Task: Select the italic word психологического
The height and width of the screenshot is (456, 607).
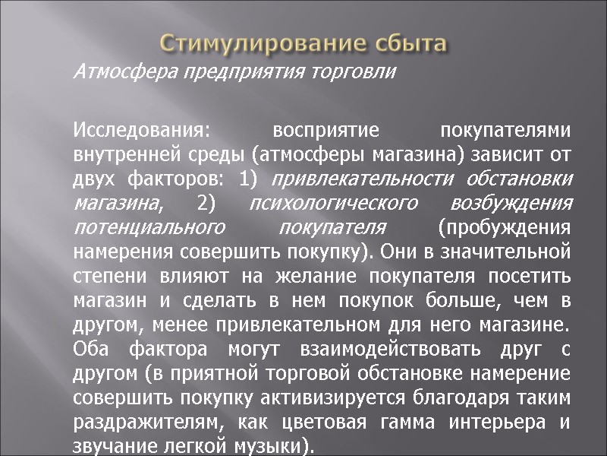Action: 335,204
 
